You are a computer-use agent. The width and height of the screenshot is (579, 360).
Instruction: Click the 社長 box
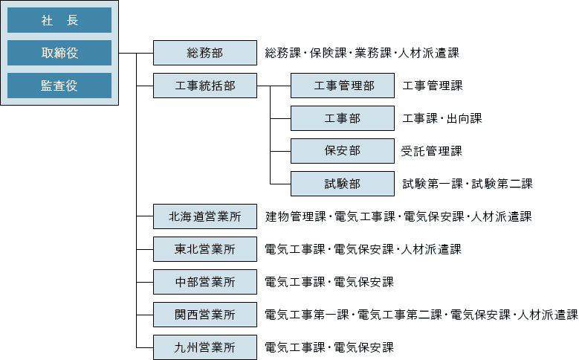point(59,21)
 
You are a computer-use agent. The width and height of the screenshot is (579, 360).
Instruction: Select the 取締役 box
point(59,53)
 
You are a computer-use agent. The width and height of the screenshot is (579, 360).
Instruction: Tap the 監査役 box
point(59,86)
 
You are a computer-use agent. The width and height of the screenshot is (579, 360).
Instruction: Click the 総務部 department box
point(205,53)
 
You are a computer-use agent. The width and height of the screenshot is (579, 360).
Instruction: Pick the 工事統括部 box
point(205,86)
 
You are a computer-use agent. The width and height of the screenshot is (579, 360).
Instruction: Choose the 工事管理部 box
point(343,86)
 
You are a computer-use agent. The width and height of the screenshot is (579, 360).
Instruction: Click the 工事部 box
point(343,118)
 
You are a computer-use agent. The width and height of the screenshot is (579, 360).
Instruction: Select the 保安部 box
point(343,150)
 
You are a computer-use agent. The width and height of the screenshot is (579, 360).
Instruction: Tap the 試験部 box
point(343,183)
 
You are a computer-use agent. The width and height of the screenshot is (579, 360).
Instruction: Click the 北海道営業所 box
point(205,216)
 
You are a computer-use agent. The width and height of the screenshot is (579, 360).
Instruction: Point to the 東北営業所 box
point(205,249)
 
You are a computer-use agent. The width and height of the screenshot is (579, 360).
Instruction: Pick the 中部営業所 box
point(205,282)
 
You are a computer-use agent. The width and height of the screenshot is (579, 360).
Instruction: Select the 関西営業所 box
point(205,315)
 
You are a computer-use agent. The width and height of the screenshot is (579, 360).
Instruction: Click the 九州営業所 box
point(205,347)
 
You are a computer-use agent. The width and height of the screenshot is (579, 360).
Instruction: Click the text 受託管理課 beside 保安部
point(432,151)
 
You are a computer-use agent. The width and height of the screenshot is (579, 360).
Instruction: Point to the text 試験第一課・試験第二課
point(468,184)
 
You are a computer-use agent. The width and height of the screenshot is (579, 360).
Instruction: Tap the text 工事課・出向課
point(442,118)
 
